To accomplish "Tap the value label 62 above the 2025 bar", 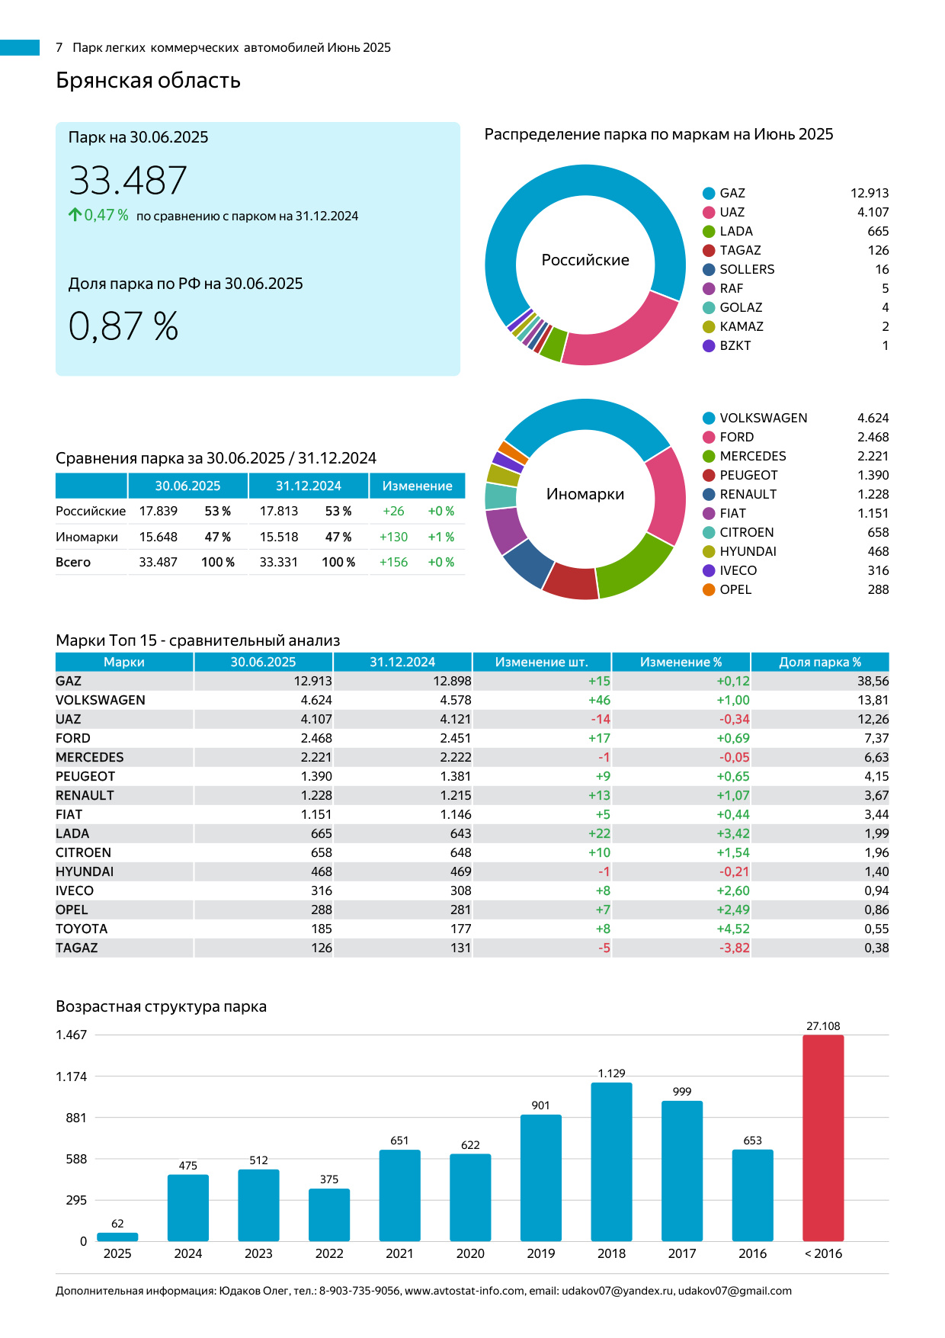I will click(117, 1224).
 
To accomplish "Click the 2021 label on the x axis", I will click(399, 1253).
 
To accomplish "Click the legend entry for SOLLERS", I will click(747, 269).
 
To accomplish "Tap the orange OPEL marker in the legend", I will click(709, 589).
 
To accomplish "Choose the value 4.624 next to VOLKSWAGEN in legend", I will click(873, 418).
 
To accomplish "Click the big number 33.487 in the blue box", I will click(128, 181).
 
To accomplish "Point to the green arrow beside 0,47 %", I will click(75, 215).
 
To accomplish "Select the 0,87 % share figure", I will click(123, 326).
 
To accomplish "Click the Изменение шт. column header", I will click(541, 662).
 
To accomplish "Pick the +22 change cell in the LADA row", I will click(599, 833).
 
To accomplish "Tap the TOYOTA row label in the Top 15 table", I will click(82, 929).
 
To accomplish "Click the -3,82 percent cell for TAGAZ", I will click(734, 948).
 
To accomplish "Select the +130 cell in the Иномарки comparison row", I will click(393, 537).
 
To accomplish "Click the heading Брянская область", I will click(148, 80).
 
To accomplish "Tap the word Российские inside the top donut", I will click(585, 260).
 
